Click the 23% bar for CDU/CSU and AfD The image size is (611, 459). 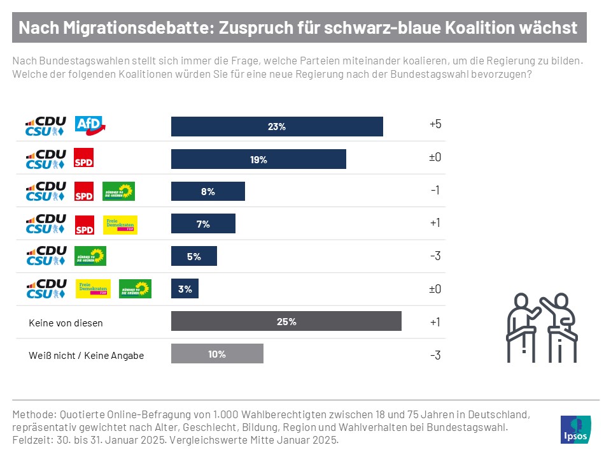277,126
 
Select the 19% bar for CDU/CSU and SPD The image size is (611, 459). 258,159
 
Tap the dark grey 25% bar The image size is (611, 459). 286,321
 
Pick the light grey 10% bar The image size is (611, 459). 217,354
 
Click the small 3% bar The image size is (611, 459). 185,289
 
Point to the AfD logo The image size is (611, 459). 90,126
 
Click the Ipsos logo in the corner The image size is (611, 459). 575,430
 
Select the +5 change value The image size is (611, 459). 435,124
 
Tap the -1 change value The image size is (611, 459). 435,191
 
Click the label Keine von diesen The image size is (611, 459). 66,323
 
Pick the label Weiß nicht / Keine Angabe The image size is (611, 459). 87,355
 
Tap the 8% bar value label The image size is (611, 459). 208,191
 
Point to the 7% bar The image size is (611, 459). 203,224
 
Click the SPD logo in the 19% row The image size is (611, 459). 84,159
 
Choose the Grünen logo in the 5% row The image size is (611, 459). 90,256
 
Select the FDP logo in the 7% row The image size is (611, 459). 120,224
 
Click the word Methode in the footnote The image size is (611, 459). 32,414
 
